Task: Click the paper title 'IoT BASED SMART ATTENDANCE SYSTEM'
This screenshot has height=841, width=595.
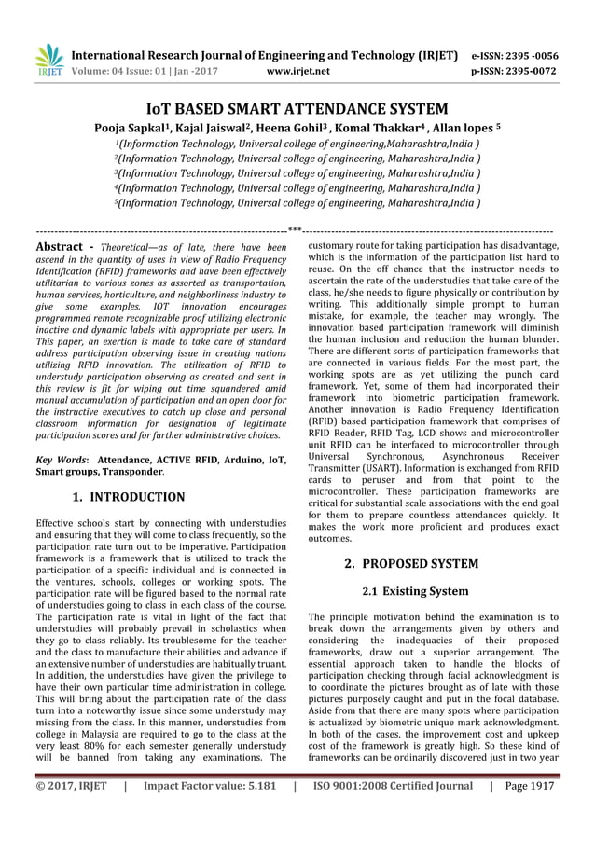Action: tap(297, 108)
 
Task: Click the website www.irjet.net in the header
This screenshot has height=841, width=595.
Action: tap(297, 69)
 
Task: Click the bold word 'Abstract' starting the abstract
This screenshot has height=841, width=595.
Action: tap(56, 246)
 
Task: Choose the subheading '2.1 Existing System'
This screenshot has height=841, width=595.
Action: tap(415, 591)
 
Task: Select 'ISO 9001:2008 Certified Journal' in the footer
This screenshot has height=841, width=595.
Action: tap(392, 812)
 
